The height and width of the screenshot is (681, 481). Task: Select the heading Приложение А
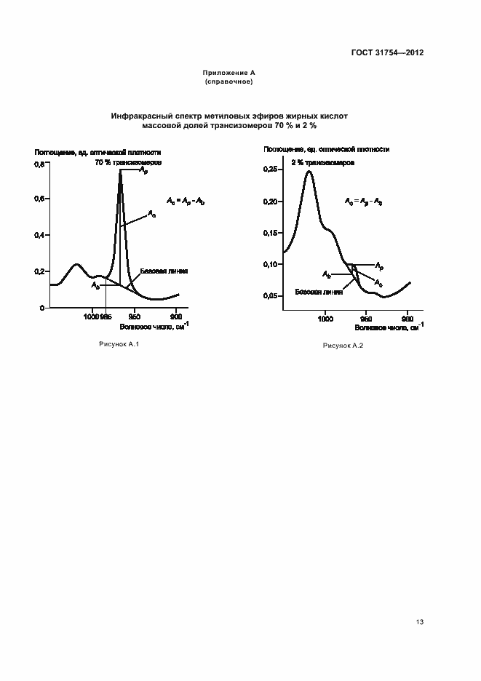pyautogui.click(x=228, y=74)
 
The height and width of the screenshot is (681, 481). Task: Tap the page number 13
pyautogui.click(x=420, y=622)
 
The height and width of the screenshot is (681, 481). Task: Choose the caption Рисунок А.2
pyautogui.click(x=343, y=345)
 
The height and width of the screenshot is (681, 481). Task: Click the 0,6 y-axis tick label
pyautogui.click(x=40, y=199)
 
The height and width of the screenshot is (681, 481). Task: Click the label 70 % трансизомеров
pyautogui.click(x=128, y=162)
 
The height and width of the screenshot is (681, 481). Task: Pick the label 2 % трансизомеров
pyautogui.click(x=323, y=164)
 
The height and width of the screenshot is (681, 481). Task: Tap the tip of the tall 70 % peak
pyautogui.click(x=120, y=172)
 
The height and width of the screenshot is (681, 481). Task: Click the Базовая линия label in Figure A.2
pyautogui.click(x=318, y=292)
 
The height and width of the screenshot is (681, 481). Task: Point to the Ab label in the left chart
pyautogui.click(x=95, y=286)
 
